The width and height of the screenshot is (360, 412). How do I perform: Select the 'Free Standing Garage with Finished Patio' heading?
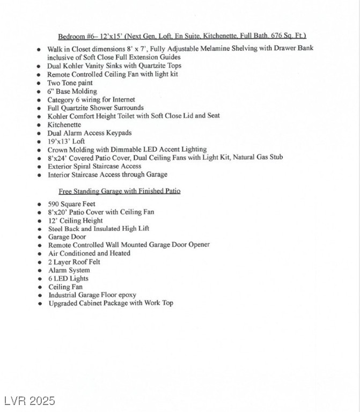click(120, 191)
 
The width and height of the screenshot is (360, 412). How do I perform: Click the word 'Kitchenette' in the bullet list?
click(64, 124)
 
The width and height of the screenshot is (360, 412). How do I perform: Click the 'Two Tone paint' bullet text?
click(70, 83)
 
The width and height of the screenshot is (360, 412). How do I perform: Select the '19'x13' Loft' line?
click(66, 141)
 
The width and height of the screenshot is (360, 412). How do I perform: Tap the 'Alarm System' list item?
click(69, 270)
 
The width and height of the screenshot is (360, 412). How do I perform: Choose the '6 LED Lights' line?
click(68, 278)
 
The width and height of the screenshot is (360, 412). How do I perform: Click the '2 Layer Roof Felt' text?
click(74, 262)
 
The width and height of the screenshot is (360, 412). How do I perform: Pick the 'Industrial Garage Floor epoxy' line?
click(92, 295)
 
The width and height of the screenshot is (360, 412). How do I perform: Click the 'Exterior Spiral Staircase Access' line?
click(94, 166)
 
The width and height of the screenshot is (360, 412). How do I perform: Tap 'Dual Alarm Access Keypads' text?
click(89, 133)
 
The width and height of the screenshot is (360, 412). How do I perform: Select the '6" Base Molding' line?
click(72, 91)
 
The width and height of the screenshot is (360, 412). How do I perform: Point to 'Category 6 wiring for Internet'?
click(91, 100)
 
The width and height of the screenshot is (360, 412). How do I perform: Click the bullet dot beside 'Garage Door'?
click(39, 237)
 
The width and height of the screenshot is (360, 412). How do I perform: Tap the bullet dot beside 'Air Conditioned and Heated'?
click(39, 254)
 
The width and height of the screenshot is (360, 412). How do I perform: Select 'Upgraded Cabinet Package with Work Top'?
click(111, 304)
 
